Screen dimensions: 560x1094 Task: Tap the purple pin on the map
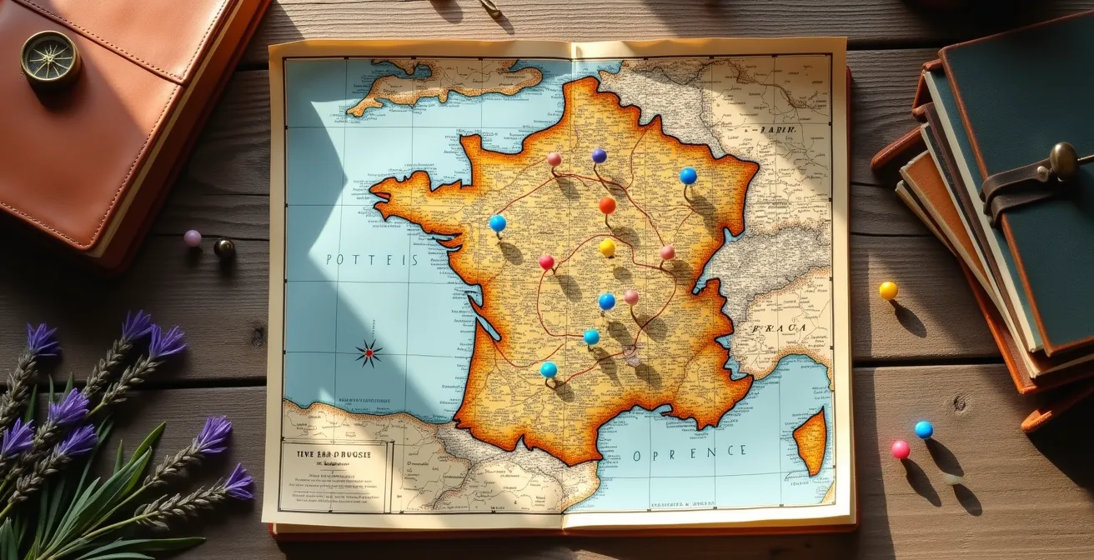(x=599, y=156)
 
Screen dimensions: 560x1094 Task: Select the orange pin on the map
(x=607, y=205)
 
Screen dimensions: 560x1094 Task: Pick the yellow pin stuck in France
(x=607, y=247)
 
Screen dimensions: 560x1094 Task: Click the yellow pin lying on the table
(x=888, y=290)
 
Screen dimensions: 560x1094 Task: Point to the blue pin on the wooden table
(x=923, y=429)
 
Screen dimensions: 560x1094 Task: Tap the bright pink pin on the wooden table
(x=900, y=449)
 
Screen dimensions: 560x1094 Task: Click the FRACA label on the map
(x=779, y=328)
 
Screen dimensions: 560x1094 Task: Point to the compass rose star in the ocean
(x=369, y=353)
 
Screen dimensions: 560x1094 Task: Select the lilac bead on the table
(x=193, y=238)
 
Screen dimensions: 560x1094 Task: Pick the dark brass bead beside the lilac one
(x=223, y=247)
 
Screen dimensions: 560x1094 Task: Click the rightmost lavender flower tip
(x=239, y=481)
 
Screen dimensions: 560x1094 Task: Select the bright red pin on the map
(x=546, y=262)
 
